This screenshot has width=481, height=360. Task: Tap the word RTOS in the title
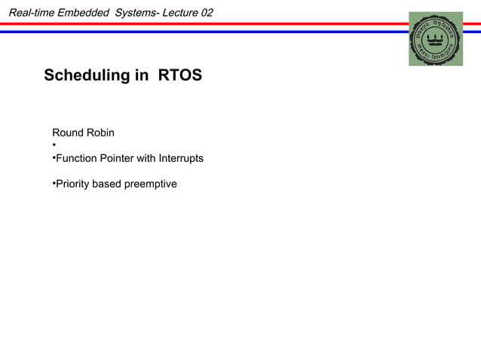click(x=180, y=76)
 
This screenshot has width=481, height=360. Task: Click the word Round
click(x=67, y=133)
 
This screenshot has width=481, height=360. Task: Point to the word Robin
click(x=100, y=133)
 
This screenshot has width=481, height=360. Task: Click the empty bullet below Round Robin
click(x=54, y=145)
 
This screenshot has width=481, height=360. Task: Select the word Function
click(x=78, y=158)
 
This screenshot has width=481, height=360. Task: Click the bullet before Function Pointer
click(x=54, y=158)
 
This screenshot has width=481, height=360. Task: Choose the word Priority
click(x=72, y=184)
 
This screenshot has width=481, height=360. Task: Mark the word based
click(x=107, y=184)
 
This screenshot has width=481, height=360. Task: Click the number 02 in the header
click(x=206, y=12)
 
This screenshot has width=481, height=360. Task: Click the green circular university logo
click(x=436, y=39)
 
